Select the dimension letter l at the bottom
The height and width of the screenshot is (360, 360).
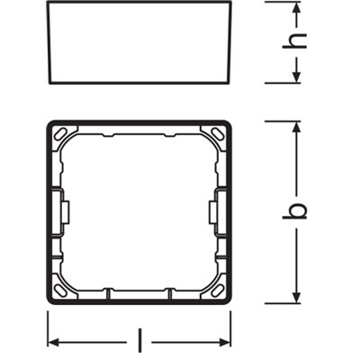139,341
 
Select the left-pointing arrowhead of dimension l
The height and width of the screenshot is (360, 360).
52,341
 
